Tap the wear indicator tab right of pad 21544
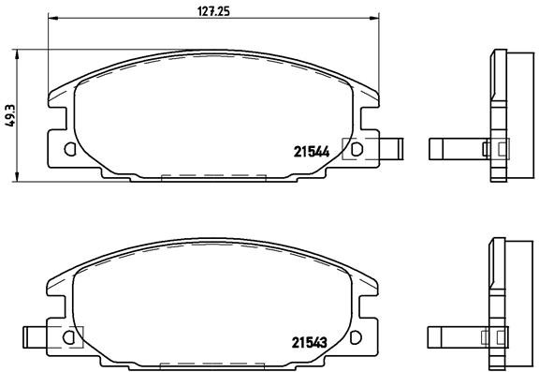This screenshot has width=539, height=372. click(393, 147)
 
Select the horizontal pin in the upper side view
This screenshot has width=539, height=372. click(453, 147)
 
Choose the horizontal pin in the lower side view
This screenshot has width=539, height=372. click(453, 334)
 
